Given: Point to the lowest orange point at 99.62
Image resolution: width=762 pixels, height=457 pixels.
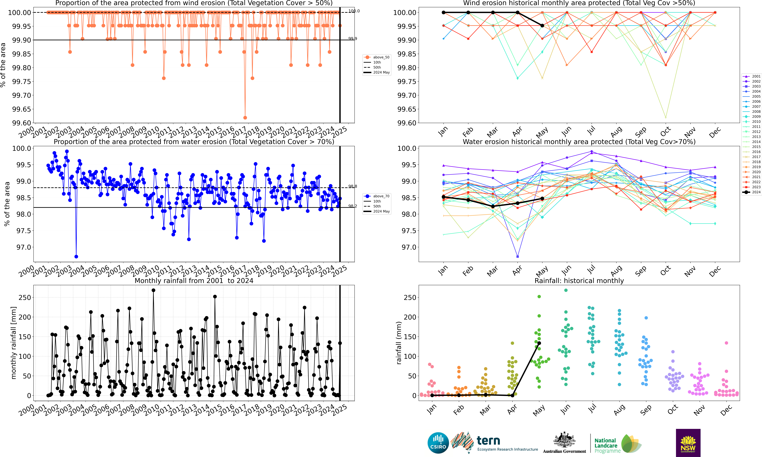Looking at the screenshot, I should pos(245,118).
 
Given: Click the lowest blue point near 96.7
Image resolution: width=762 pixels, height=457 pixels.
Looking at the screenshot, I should pos(76,256).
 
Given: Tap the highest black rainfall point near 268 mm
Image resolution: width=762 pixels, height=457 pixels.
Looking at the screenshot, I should pos(153,290).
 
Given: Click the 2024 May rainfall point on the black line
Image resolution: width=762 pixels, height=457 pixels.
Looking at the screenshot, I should pos(539,343).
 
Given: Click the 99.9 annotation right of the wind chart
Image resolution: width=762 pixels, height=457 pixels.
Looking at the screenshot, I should pos(352,39).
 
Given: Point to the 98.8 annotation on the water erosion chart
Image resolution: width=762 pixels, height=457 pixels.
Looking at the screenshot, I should pos(352,186).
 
